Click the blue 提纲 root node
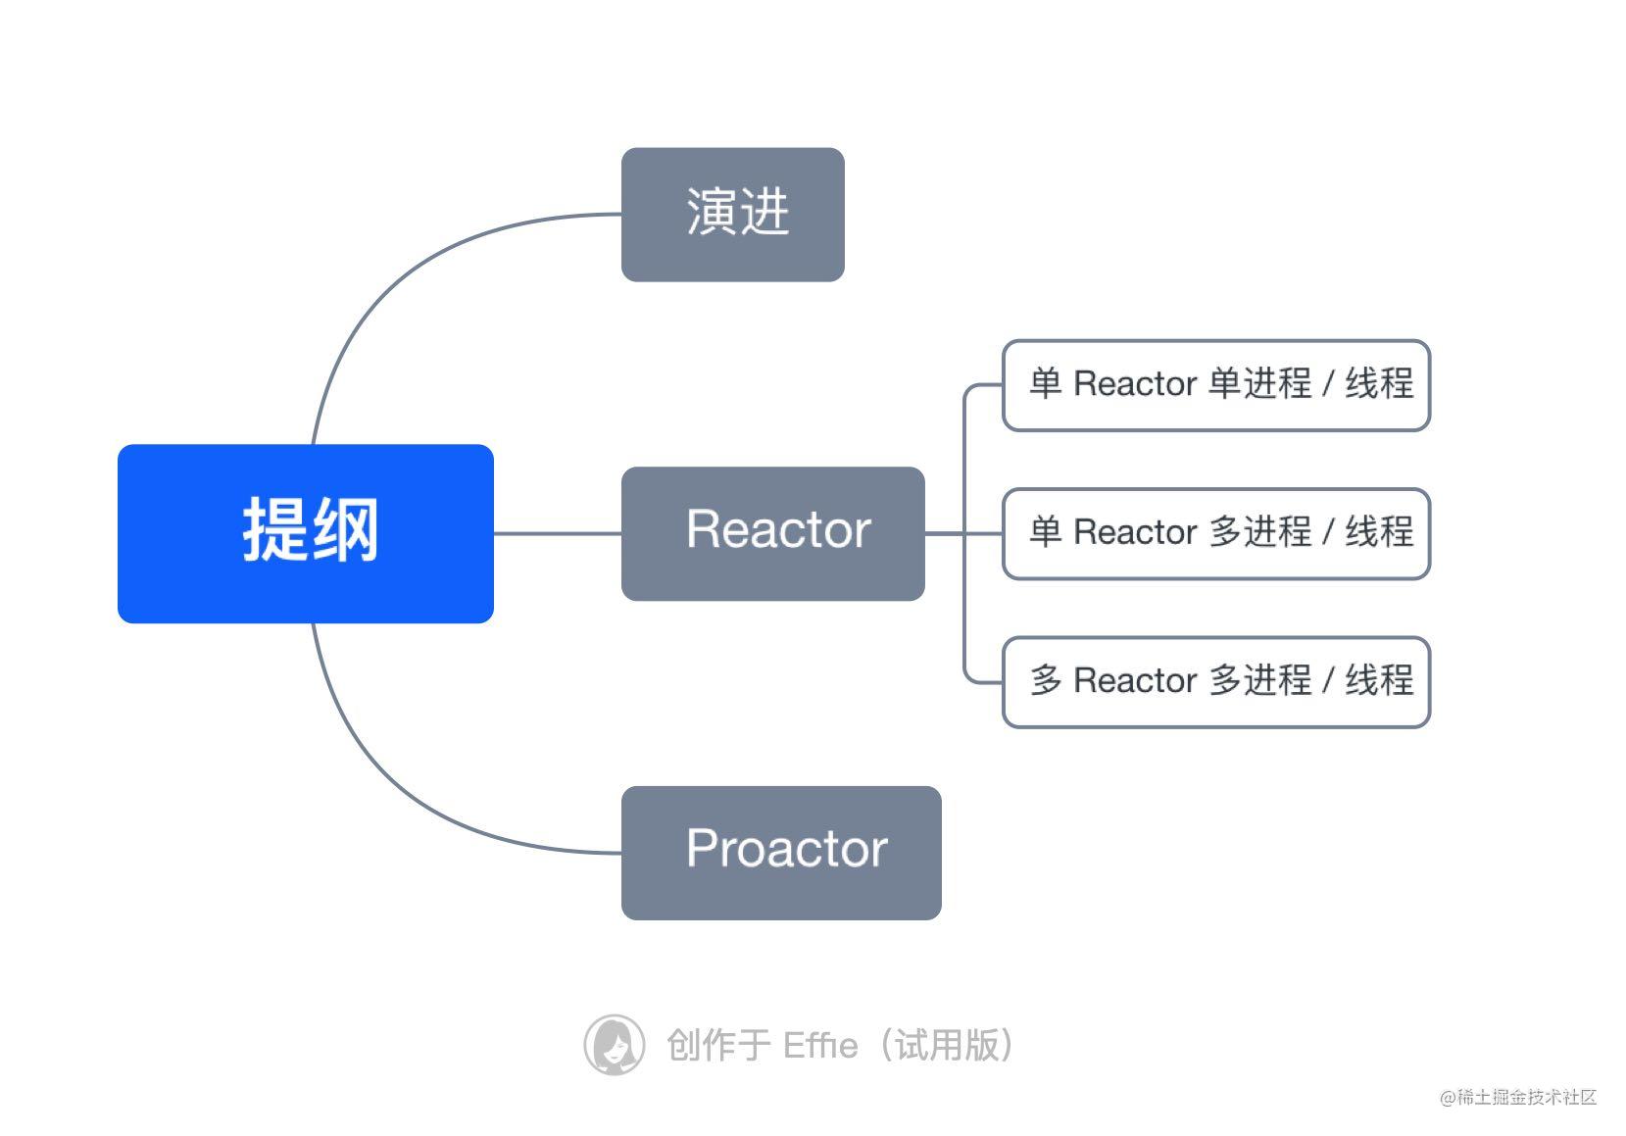click(305, 533)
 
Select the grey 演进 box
click(732, 215)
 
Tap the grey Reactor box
click(772, 533)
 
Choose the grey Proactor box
click(780, 852)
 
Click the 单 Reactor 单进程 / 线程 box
click(1215, 384)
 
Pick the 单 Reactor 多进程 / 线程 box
click(1215, 533)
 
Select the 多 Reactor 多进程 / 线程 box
click(1215, 681)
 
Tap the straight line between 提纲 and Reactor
click(557, 533)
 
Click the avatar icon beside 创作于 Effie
click(614, 1045)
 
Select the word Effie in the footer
click(820, 1046)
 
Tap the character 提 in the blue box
click(274, 530)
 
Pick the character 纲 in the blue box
click(344, 530)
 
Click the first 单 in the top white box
click(1045, 383)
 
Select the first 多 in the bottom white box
click(1045, 680)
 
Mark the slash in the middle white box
click(1328, 532)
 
